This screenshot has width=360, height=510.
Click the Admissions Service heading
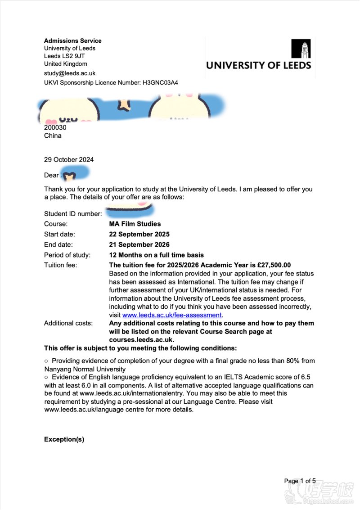click(x=72, y=41)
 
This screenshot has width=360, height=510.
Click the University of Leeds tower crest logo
click(x=301, y=49)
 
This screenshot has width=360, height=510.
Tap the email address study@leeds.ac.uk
click(x=70, y=73)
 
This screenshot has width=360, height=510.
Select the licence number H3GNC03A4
click(x=160, y=83)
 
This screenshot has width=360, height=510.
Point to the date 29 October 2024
click(x=69, y=159)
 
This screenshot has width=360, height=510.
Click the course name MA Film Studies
click(x=135, y=224)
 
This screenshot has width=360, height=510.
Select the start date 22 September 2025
click(x=139, y=234)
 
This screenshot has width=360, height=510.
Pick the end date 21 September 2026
click(x=139, y=244)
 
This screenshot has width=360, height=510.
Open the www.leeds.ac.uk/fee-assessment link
click(x=172, y=315)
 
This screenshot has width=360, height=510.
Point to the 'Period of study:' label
click(x=67, y=255)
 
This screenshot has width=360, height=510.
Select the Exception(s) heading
click(x=64, y=439)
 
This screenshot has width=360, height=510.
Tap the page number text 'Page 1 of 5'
click(x=300, y=481)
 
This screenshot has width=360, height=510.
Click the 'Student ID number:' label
click(x=73, y=213)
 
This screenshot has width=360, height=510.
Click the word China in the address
click(x=53, y=135)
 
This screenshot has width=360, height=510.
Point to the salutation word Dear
click(x=51, y=175)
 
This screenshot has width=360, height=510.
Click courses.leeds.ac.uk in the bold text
click(x=141, y=340)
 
